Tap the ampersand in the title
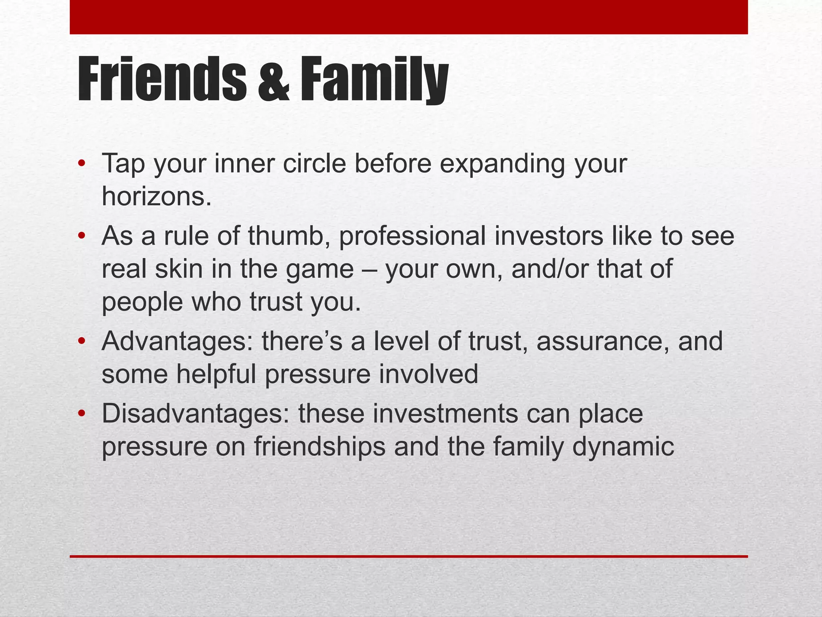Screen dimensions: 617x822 273,80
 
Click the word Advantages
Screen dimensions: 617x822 177,342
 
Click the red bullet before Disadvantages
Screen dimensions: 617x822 82,413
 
